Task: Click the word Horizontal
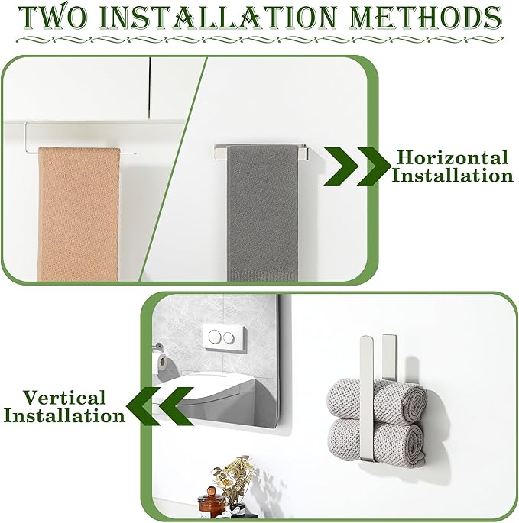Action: [453, 157]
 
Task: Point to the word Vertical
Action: [64, 397]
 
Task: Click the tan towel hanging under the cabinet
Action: [79, 214]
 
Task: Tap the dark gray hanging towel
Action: [262, 213]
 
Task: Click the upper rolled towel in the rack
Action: [377, 399]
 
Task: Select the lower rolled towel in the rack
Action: [377, 441]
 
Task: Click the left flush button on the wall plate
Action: [214, 337]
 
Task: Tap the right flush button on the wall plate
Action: [228, 338]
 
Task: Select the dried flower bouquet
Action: [232, 476]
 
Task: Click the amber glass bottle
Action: [210, 505]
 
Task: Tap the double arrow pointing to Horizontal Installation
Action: [356, 166]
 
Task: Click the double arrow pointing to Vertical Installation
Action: [160, 406]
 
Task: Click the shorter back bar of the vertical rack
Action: [389, 357]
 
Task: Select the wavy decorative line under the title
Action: [260, 40]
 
